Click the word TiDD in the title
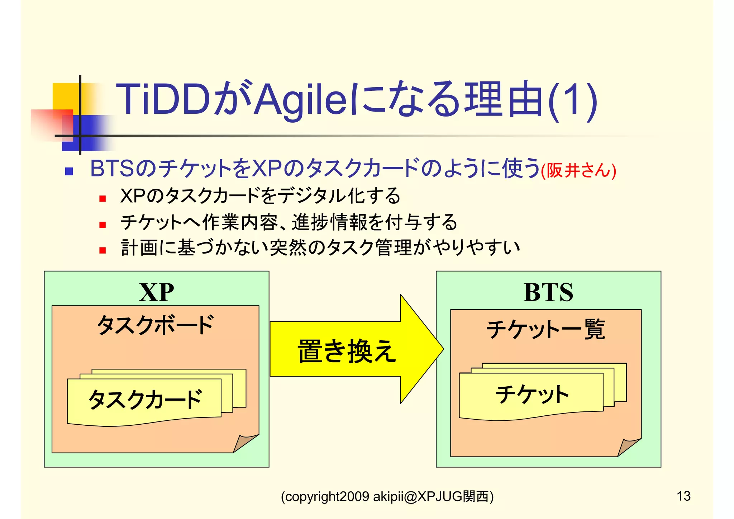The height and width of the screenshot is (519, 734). click(x=163, y=99)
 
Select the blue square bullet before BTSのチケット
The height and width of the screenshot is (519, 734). click(x=69, y=171)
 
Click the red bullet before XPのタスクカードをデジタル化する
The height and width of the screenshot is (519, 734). click(x=103, y=198)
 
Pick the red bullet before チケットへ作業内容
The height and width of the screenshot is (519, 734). click(x=103, y=225)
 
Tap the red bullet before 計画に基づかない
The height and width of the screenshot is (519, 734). click(x=103, y=250)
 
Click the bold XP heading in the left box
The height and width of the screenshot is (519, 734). click(x=157, y=292)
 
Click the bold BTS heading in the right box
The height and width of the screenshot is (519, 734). click(x=548, y=292)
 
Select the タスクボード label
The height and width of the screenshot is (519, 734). click(x=156, y=325)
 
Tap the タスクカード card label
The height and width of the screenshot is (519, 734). click(x=145, y=399)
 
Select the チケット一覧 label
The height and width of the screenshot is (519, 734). click(x=545, y=329)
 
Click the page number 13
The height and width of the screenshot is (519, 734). click(x=683, y=496)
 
